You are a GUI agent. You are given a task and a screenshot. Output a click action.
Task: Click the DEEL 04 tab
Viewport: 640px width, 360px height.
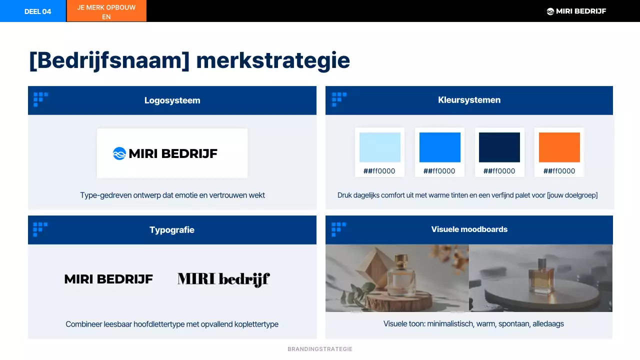(37, 11)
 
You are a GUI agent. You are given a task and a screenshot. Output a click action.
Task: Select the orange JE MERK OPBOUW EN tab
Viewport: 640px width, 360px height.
(106, 11)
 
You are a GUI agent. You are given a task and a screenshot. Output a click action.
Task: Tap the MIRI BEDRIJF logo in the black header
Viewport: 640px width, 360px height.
(576, 11)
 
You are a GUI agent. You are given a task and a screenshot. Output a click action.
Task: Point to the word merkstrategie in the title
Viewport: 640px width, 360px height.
(273, 60)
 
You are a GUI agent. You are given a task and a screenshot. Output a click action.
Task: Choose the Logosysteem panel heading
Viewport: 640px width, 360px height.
(172, 100)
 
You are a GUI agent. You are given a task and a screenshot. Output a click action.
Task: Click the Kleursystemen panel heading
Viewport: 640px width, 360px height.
(469, 100)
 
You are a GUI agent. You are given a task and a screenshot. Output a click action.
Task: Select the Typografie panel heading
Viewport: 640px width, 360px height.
(172, 230)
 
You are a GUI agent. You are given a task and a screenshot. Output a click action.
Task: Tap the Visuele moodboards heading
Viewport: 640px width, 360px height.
(469, 229)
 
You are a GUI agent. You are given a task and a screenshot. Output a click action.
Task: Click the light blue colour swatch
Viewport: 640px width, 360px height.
(380, 147)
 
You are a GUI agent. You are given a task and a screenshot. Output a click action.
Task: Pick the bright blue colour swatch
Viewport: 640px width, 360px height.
(439, 147)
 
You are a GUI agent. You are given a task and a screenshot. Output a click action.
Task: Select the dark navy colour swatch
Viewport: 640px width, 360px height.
(499, 147)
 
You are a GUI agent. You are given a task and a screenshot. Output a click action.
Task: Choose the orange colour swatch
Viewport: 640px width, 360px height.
(559, 147)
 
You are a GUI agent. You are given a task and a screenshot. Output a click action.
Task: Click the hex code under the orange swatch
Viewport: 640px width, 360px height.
(559, 171)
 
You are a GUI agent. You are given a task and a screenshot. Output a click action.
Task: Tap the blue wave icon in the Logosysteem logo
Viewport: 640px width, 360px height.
(119, 153)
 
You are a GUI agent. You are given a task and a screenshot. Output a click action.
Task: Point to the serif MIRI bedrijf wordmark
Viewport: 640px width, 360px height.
(223, 279)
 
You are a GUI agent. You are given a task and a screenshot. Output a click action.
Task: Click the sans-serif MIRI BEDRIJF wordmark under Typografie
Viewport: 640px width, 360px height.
(108, 279)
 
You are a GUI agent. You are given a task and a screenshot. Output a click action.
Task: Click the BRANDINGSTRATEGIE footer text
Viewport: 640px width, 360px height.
(320, 349)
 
